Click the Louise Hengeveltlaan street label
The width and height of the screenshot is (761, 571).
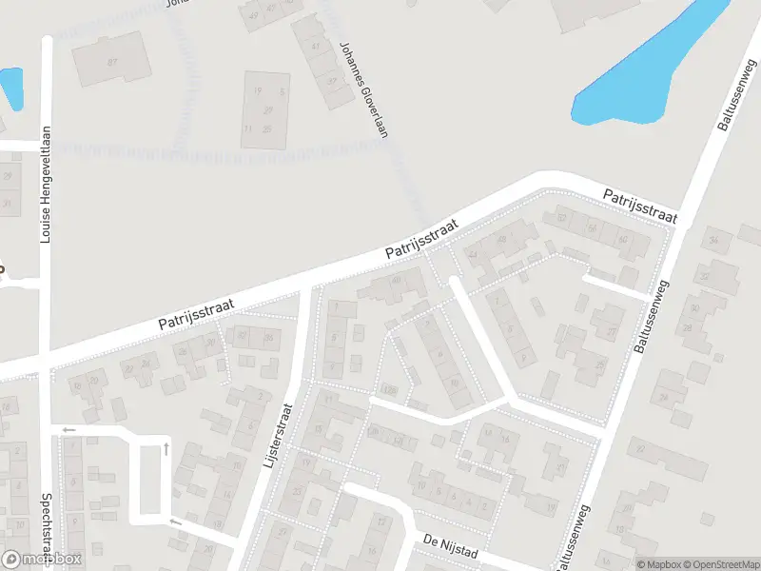tap(45, 186)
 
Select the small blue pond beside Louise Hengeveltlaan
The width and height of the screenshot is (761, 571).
tap(11, 88)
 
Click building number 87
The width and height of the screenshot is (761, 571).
tap(112, 62)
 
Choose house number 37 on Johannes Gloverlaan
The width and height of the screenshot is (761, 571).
tap(332, 81)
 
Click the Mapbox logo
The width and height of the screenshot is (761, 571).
tap(41, 560)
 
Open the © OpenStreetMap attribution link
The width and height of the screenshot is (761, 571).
tap(713, 563)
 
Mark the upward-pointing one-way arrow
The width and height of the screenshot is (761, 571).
tap(167, 446)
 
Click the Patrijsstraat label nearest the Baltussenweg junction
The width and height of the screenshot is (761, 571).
tap(639, 206)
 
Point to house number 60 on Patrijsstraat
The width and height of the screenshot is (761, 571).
tap(622, 239)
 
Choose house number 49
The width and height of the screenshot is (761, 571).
tap(253, 16)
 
